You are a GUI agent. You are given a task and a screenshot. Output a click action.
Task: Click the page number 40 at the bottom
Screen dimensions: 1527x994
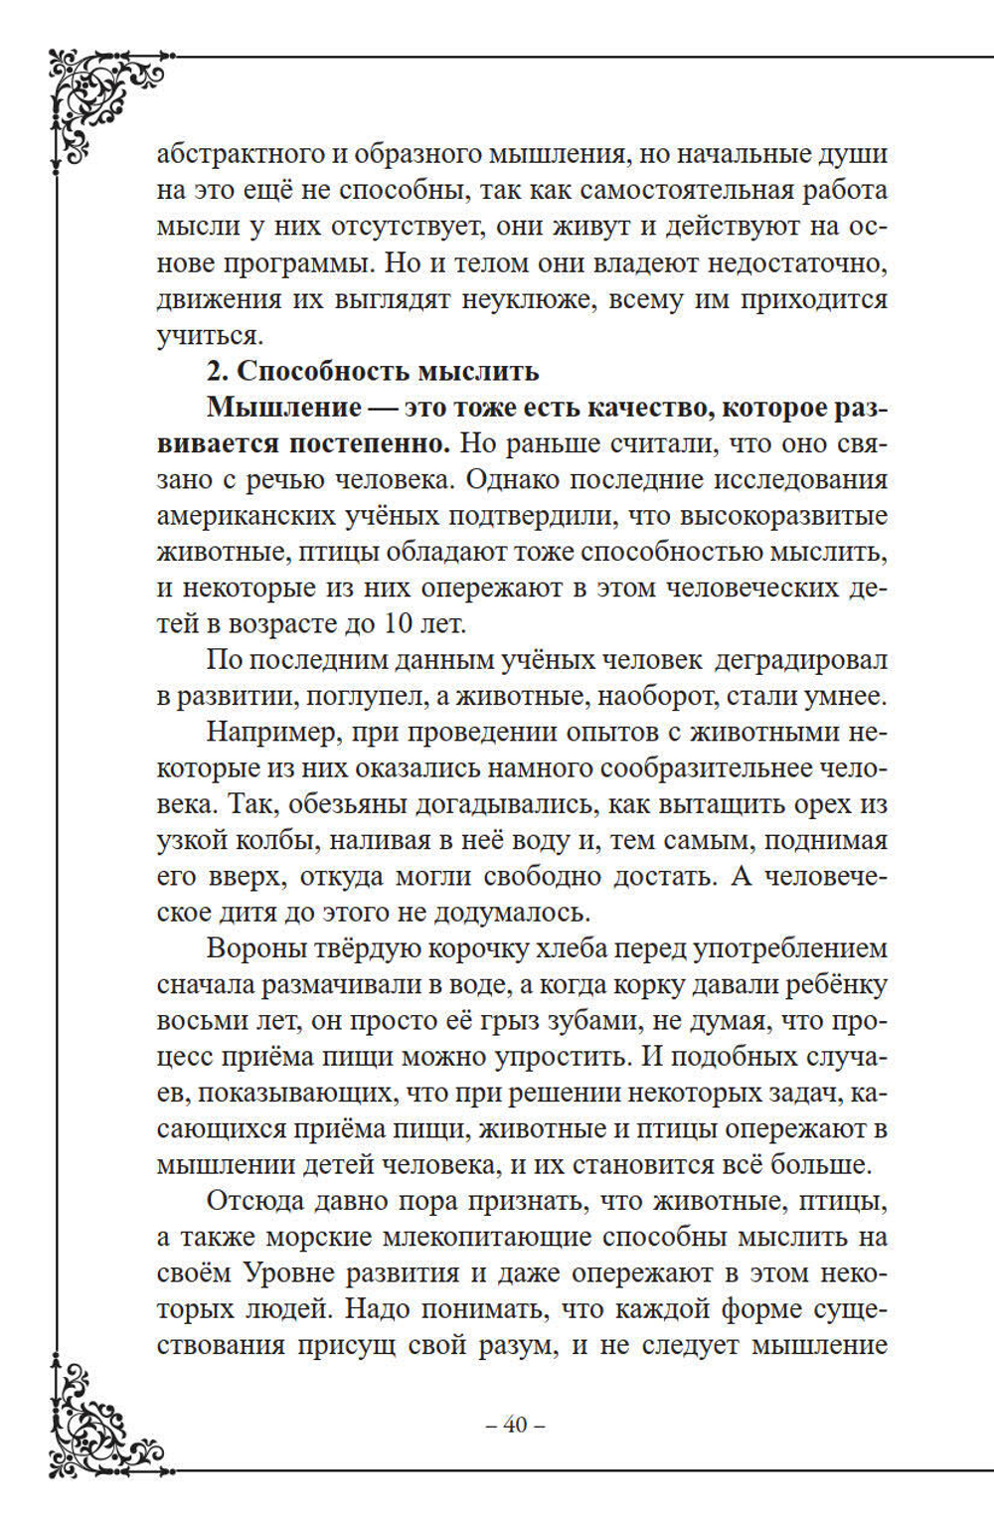(515, 1425)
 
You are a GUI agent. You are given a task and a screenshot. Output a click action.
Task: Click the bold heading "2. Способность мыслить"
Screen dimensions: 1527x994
(373, 371)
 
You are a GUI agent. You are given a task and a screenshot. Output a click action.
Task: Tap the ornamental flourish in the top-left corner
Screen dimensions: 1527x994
(99, 99)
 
